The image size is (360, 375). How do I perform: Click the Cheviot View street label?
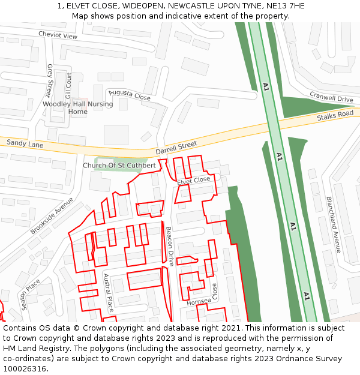click(x=58, y=35)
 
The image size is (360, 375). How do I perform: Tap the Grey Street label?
click(x=50, y=80)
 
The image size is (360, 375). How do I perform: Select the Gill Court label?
click(x=68, y=86)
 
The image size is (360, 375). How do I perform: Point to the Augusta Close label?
click(x=129, y=95)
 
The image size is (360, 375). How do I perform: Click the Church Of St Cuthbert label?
click(x=119, y=165)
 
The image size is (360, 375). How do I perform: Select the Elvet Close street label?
click(x=193, y=180)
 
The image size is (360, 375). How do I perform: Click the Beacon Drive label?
click(x=170, y=246)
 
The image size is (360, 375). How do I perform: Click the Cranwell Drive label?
click(x=331, y=97)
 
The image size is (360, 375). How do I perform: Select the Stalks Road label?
click(x=335, y=115)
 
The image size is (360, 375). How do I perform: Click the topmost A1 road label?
click(x=266, y=88)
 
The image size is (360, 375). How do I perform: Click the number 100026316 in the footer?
click(x=25, y=369)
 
